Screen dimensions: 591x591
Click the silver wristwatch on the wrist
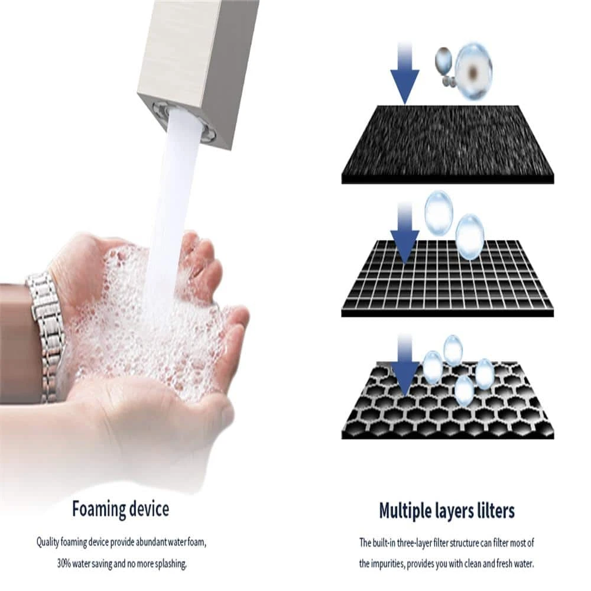click(46, 336)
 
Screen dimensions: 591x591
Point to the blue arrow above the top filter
click(405, 73)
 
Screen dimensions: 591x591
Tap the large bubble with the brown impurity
click(473, 72)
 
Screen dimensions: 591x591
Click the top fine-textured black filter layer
click(448, 145)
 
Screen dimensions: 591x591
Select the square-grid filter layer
click(448, 279)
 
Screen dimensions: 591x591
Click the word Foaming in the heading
click(99, 509)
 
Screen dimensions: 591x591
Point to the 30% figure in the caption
click(64, 564)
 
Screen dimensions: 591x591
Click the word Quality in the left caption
click(47, 543)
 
